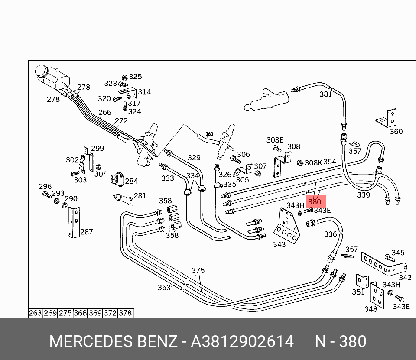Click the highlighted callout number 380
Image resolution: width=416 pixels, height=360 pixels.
(x=315, y=202)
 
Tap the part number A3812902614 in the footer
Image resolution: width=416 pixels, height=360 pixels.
(x=243, y=341)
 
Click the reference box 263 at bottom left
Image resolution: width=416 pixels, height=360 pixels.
(x=35, y=313)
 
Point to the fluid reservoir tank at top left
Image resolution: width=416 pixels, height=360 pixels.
(x=51, y=78)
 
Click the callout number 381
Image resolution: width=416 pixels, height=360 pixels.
(x=325, y=94)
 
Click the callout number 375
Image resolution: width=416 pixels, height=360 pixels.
(x=198, y=271)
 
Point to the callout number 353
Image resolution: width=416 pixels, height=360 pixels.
(x=164, y=288)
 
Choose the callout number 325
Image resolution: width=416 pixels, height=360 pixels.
(x=135, y=77)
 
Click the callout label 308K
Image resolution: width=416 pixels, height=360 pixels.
(x=313, y=162)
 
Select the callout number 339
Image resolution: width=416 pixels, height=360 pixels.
(x=363, y=195)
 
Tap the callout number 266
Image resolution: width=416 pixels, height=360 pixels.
(x=104, y=113)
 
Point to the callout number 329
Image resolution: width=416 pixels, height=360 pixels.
(x=194, y=158)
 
